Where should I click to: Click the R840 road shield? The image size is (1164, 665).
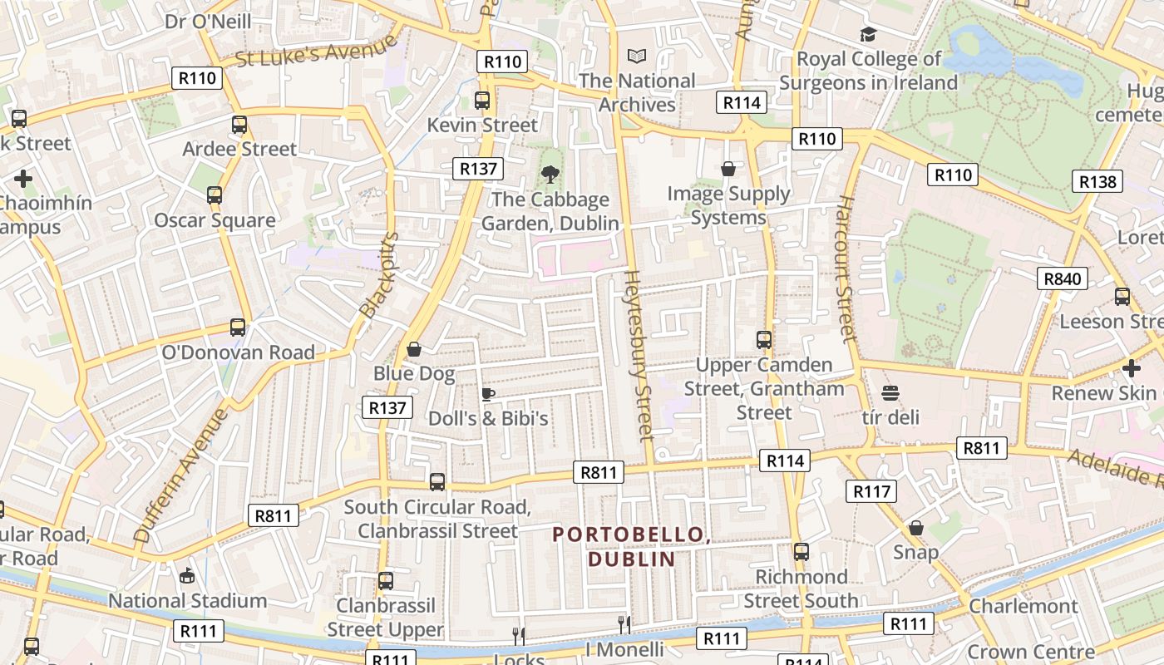pos(1063,278)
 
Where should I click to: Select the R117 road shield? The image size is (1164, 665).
pos(871,491)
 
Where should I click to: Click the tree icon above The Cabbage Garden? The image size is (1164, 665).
pos(550,175)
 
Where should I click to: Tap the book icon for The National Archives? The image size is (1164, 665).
pos(637,57)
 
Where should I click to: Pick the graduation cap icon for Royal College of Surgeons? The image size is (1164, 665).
pos(868,34)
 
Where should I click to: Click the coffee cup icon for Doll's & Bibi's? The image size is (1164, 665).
pos(488,394)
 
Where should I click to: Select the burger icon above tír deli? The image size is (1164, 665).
pos(890,393)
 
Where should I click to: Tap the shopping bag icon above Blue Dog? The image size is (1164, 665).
pos(413,349)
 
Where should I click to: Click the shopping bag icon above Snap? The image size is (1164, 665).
pos(915,528)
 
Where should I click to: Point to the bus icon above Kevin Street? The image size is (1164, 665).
pos(481,101)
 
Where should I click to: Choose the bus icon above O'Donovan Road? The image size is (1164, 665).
pos(238,328)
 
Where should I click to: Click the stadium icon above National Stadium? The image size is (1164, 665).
pos(187,575)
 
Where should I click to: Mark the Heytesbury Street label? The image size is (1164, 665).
pos(638,354)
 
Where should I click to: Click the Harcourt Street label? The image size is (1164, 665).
pos(846,269)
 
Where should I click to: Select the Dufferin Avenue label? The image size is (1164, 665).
pos(180,475)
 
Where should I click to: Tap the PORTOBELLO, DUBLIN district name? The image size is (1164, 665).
pos(632,546)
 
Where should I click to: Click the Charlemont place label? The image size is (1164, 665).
pos(1023,606)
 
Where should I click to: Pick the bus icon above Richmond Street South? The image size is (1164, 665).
pos(801,552)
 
